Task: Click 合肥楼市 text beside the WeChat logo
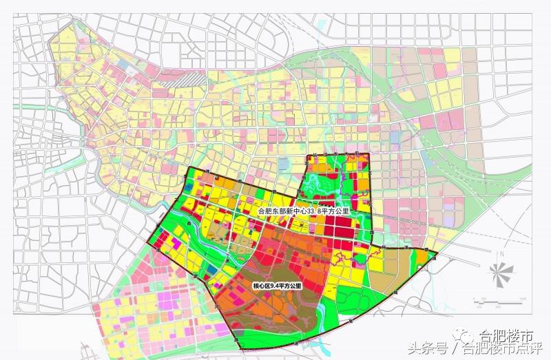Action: click(x=507, y=337)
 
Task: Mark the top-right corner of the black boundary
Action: click(x=369, y=153)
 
